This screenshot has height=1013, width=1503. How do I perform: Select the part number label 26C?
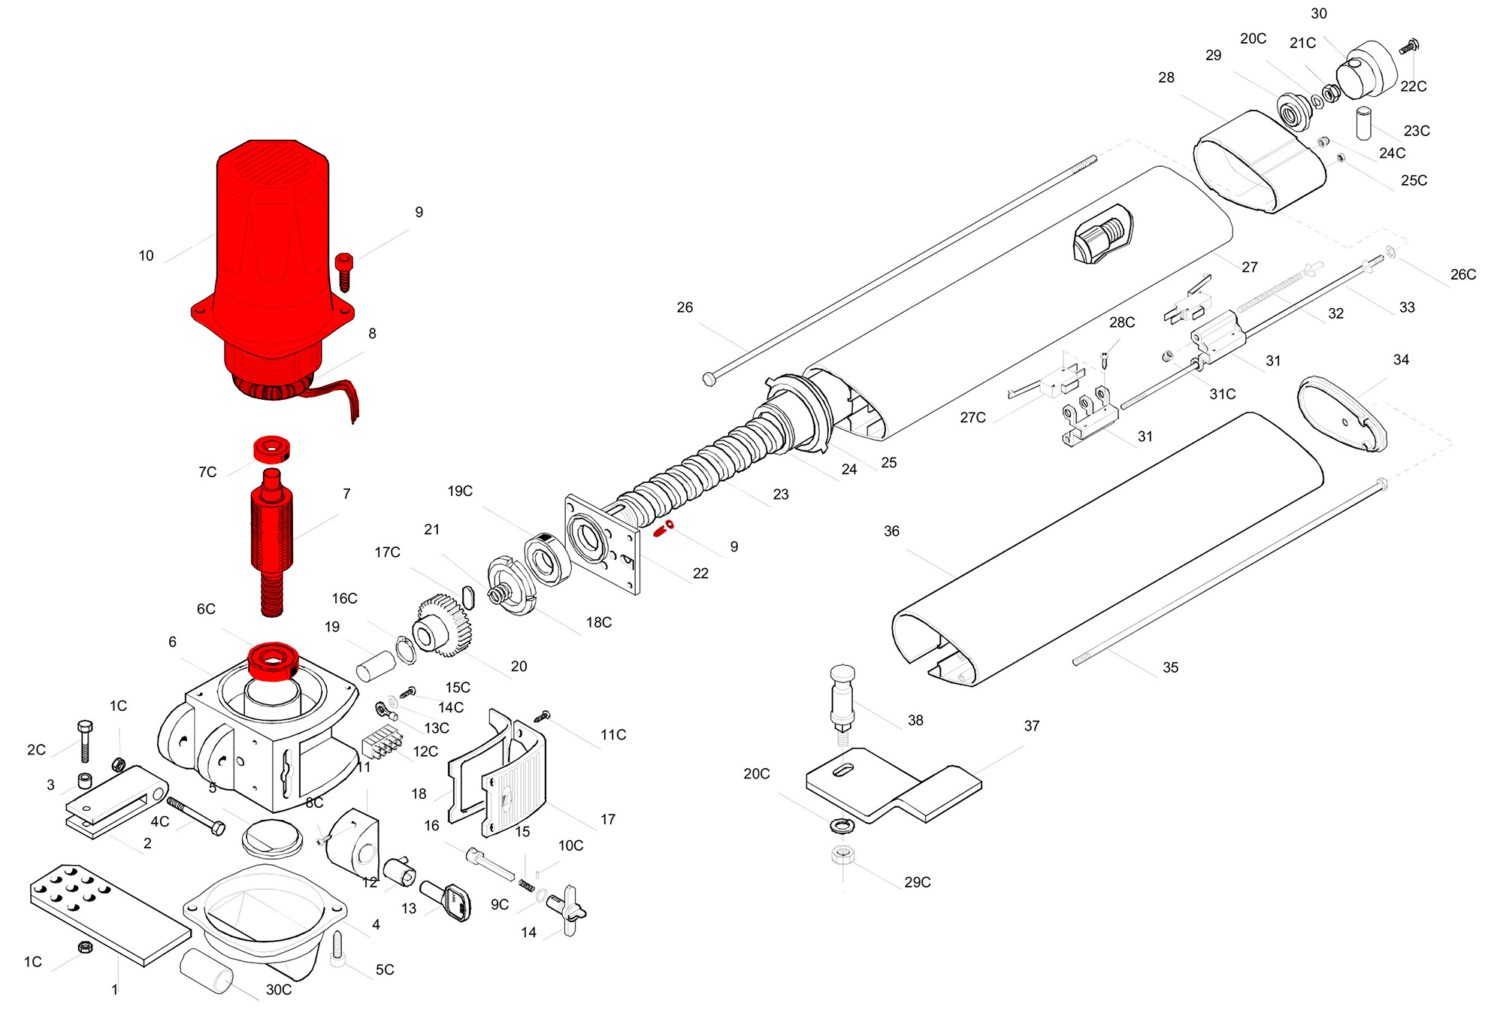click(x=1462, y=275)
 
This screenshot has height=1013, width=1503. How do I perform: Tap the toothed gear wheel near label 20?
click(x=443, y=625)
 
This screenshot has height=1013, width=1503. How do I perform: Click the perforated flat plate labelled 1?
click(x=110, y=914)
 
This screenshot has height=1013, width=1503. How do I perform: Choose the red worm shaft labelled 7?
click(x=271, y=541)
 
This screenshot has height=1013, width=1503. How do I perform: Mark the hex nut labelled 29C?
click(x=842, y=854)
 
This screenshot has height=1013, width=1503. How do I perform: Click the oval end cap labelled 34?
click(x=1342, y=414)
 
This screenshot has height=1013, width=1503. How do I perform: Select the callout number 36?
click(x=891, y=531)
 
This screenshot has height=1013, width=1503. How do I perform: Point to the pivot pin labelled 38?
click(x=842, y=699)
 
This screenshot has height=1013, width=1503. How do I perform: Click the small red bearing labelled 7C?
click(x=271, y=449)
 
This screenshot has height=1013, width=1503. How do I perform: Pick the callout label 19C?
click(x=460, y=491)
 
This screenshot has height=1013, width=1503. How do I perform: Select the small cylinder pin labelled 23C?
click(x=1363, y=123)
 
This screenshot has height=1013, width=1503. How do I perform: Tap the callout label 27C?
click(x=972, y=418)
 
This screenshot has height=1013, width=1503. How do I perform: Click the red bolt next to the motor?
click(x=344, y=271)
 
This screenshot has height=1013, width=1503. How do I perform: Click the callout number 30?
click(x=1319, y=14)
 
